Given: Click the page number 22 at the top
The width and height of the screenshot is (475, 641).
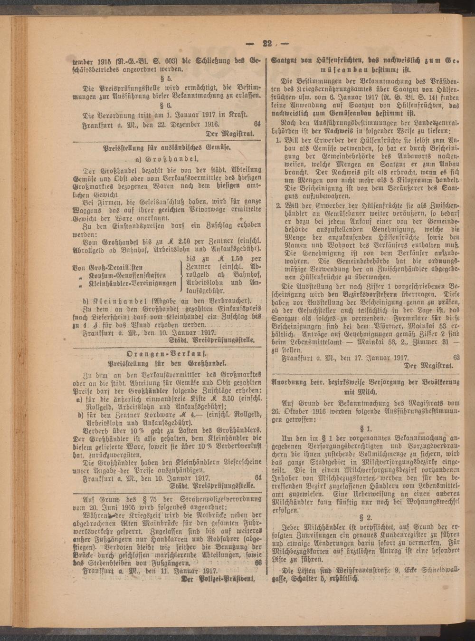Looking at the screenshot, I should (266, 44).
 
